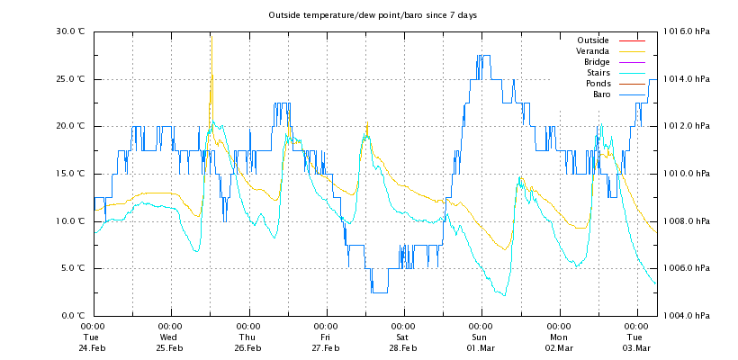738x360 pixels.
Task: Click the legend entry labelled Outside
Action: coord(592,40)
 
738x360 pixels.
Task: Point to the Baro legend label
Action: coord(600,94)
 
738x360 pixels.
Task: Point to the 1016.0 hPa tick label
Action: coord(686,31)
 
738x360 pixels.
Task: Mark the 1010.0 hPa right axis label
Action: coord(686,174)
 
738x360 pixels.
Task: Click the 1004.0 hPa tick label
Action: coord(686,316)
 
